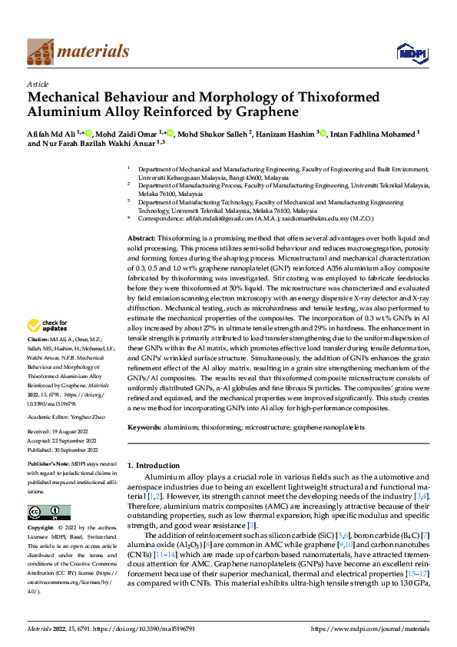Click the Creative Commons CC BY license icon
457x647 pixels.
click(x=48, y=513)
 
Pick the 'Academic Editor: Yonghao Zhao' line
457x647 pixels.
click(x=68, y=416)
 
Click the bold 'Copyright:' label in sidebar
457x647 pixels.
click(x=41, y=529)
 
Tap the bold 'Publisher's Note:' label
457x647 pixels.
click(x=49, y=466)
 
